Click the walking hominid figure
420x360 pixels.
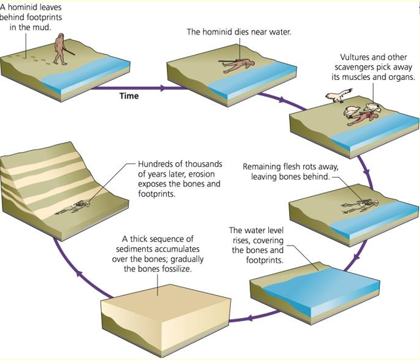click(x=60, y=49)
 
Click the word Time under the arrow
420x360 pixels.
click(x=128, y=95)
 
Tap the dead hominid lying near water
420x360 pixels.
click(x=240, y=64)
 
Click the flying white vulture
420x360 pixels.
click(x=339, y=95)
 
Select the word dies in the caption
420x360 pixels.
click(x=245, y=32)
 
